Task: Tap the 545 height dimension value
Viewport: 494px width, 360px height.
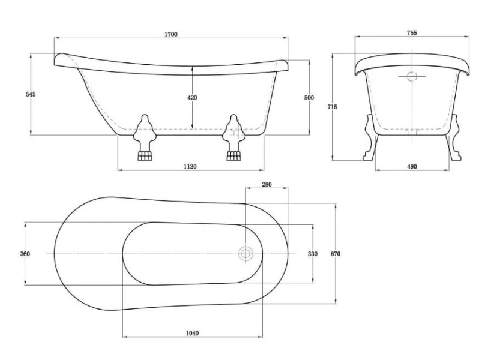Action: point(19,94)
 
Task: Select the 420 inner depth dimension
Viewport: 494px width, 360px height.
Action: point(192,97)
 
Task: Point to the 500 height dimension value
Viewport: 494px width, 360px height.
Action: point(309,97)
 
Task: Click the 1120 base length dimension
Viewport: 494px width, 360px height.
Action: point(190,166)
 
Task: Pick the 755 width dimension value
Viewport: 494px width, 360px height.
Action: point(411,34)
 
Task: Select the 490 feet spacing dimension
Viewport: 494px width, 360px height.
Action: point(412,166)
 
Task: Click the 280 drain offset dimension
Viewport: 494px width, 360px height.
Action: point(267,185)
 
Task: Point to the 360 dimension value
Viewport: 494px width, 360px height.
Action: point(25,254)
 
